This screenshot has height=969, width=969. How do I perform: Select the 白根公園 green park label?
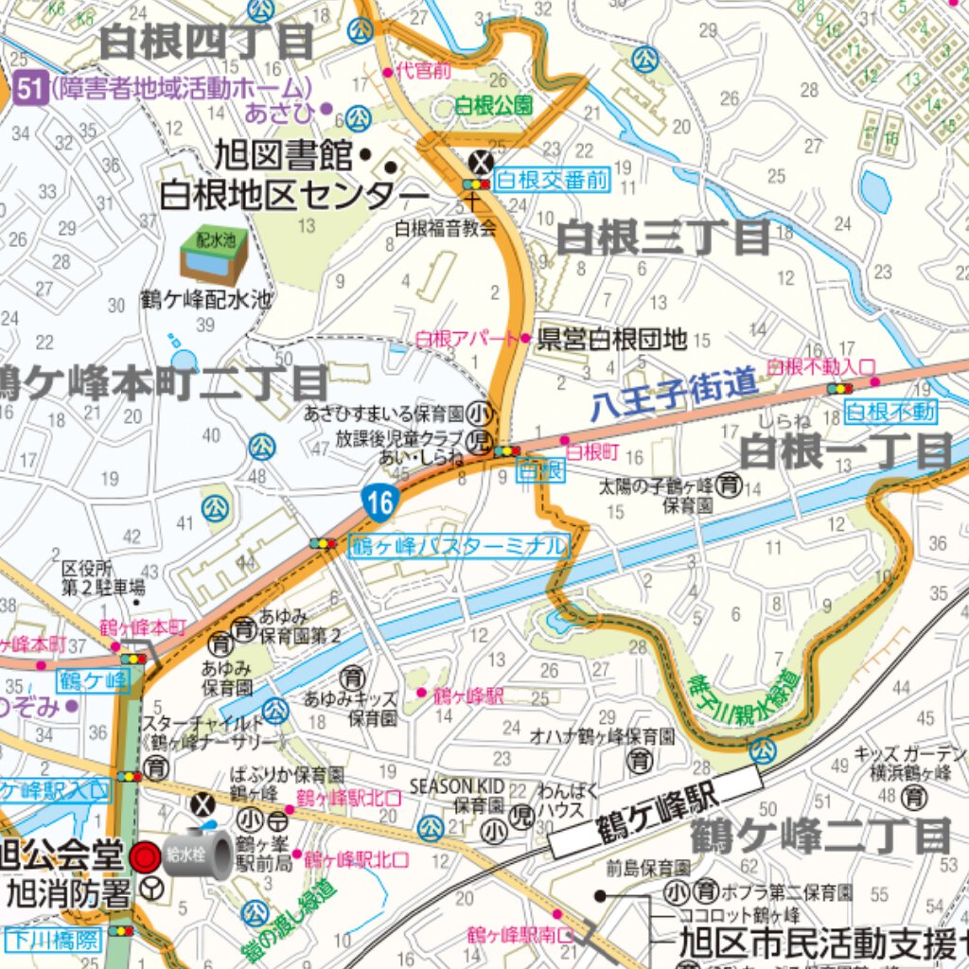[x=493, y=105]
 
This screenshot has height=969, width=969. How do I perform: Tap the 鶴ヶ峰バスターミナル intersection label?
[x=461, y=546]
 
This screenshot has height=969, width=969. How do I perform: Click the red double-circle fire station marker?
[x=145, y=857]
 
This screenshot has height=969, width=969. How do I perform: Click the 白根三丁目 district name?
[x=663, y=238]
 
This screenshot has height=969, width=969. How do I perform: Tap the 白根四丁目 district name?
[x=206, y=42]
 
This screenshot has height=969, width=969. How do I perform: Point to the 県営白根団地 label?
[x=611, y=340]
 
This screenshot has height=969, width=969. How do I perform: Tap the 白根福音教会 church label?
[x=446, y=227]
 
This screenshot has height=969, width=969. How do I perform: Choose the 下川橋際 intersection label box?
[x=52, y=939]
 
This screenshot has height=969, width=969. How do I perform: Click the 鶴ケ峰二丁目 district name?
[x=819, y=837]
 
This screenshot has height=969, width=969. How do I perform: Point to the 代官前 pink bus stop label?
[x=423, y=70]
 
